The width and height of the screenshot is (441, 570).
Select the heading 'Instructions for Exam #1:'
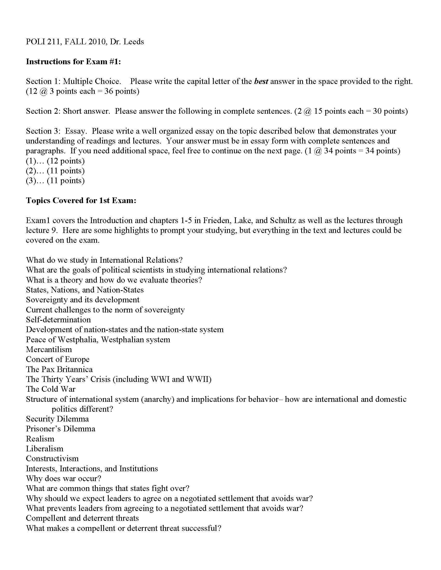point(73,62)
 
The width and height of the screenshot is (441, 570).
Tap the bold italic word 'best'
point(261,81)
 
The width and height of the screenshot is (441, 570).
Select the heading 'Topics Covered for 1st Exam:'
point(81,201)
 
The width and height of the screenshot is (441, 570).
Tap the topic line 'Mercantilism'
point(49,350)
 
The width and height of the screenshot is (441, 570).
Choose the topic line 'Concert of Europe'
point(58,359)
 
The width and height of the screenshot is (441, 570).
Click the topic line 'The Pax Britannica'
point(59,369)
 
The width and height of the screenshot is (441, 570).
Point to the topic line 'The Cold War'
point(51,389)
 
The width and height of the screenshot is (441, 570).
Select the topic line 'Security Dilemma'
point(58,419)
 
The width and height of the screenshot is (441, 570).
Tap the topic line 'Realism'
point(40,439)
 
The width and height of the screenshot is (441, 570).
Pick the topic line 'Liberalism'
point(45,449)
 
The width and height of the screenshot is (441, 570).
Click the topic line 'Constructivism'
point(52,459)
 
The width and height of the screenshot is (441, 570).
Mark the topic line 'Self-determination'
point(59,320)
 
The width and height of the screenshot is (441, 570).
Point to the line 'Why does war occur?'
point(64,478)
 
